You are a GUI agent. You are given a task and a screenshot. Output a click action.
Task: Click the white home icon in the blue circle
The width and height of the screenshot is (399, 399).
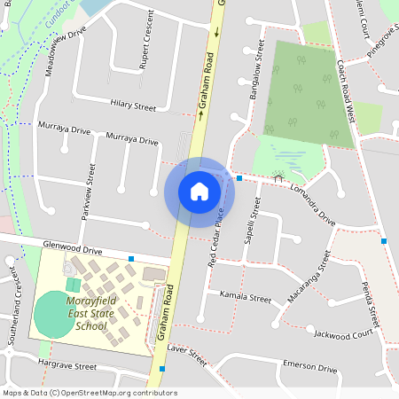[x=199, y=192]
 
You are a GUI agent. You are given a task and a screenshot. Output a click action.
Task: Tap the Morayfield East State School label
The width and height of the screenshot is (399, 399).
[x=85, y=314]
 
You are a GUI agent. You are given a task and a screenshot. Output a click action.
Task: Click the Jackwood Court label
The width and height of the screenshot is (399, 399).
[x=344, y=334]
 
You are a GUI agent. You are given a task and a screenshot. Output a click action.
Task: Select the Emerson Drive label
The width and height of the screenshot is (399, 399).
[x=309, y=368]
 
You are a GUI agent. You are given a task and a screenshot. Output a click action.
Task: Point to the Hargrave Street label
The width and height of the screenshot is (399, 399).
[x=67, y=364]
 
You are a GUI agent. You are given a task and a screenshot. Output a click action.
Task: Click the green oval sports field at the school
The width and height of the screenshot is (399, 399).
[x=55, y=314]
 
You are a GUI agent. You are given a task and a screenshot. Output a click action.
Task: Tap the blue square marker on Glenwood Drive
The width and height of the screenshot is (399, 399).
[x=131, y=259]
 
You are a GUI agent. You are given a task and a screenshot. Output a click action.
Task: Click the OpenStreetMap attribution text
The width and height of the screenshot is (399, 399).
[x=89, y=393]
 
